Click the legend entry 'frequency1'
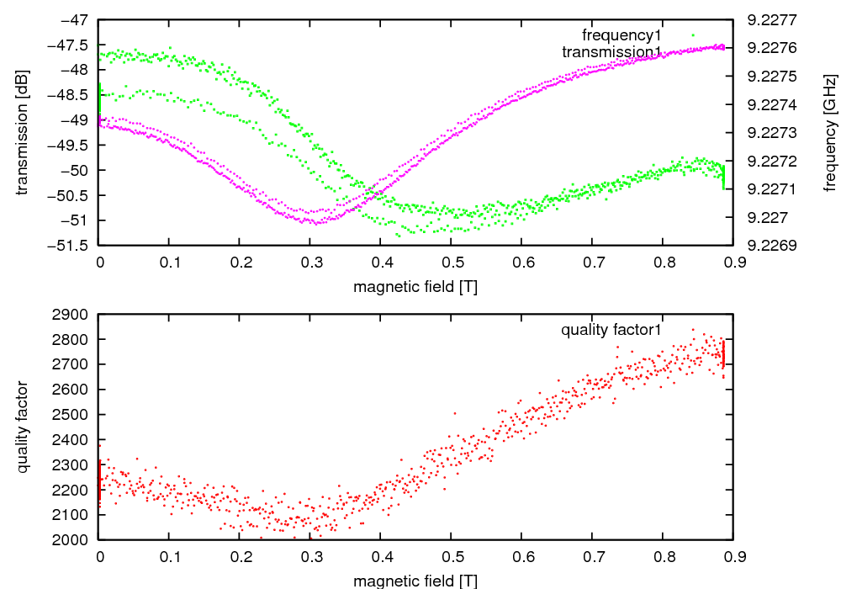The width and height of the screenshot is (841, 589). pos(621,35)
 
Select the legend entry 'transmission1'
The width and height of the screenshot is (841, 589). pos(611,52)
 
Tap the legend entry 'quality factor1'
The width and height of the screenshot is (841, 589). pos(611,330)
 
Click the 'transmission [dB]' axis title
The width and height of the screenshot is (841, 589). pos(23,131)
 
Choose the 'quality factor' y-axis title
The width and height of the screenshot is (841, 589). pos(23,427)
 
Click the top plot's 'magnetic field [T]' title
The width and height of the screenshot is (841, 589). pos(415,286)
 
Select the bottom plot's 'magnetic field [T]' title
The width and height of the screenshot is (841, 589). pos(415,581)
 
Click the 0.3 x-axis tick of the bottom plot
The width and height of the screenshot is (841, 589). pos(310,556)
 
